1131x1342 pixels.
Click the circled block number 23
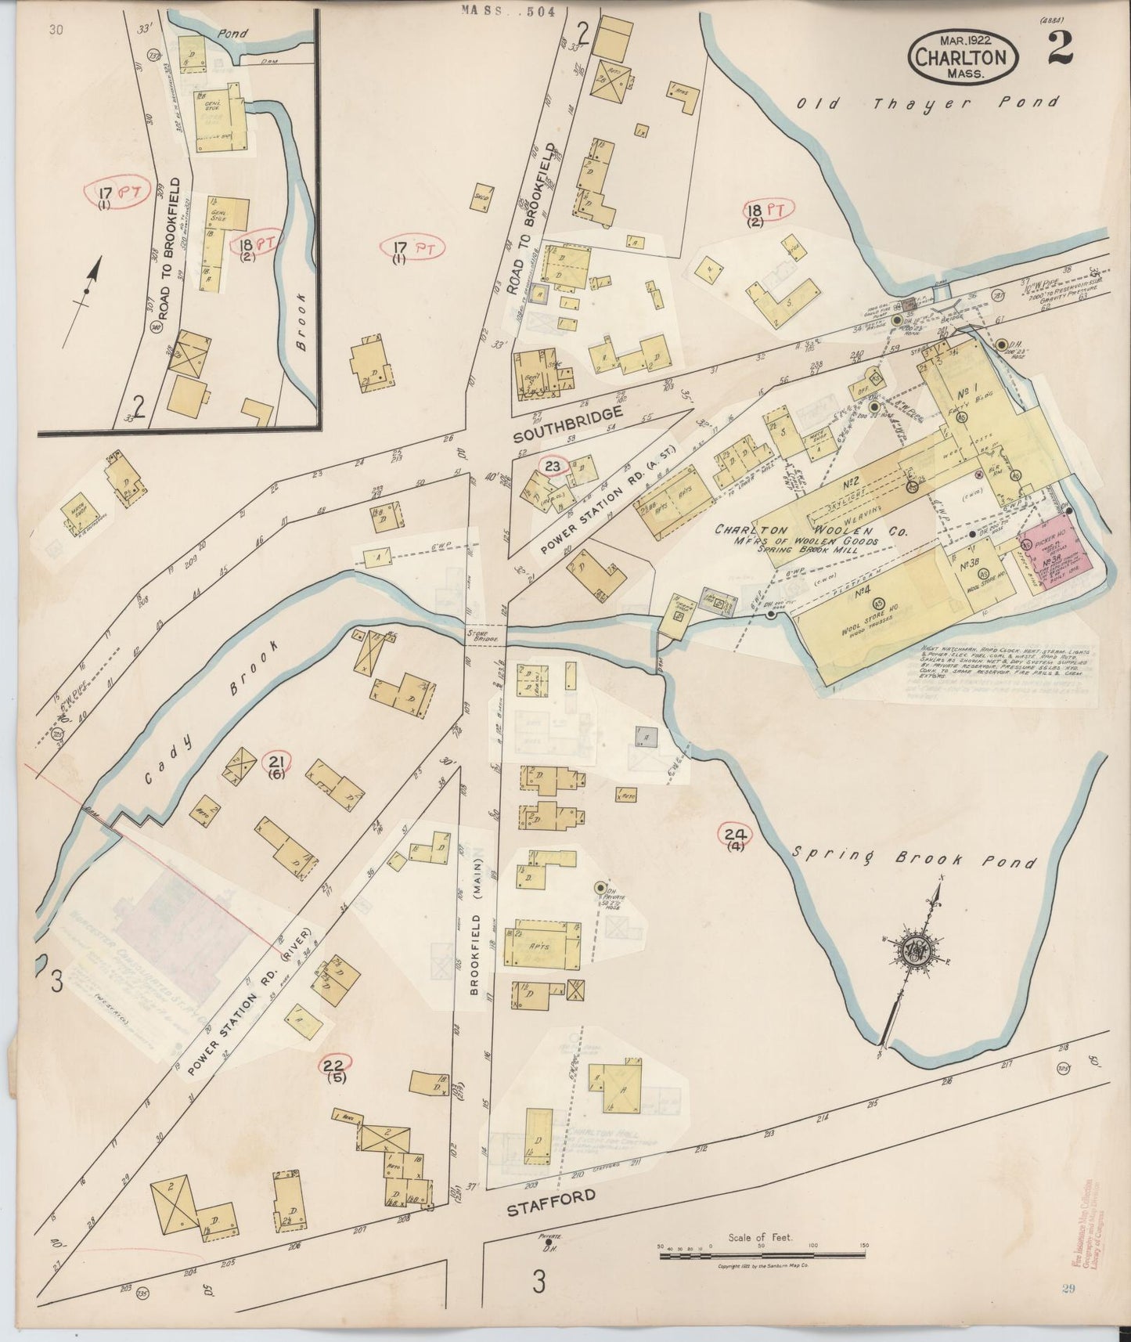(x=553, y=467)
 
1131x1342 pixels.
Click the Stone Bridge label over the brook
(x=477, y=637)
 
